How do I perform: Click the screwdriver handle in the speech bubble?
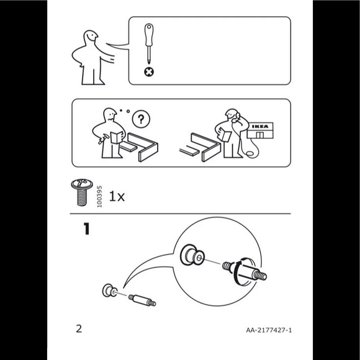pos(149,34)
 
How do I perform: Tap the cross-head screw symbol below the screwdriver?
pos(149,72)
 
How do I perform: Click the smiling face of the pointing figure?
pos(91,36)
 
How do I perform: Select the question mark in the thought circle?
pos(141,119)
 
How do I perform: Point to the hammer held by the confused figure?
pos(102,139)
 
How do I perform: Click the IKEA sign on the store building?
pos(260,126)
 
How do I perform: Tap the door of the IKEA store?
pos(259,135)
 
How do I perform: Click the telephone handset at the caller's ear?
pos(236,117)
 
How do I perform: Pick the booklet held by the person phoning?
pos(224,135)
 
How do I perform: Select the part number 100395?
pos(99,197)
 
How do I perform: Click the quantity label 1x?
pos(117,197)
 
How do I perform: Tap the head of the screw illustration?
pos(82,184)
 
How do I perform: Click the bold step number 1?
pos(86,228)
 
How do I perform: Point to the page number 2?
pos(79,329)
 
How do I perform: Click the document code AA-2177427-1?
pos(269,330)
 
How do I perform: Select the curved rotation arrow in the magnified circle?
pos(236,272)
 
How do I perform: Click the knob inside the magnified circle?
pos(192,255)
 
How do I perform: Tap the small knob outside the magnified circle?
pos(110,290)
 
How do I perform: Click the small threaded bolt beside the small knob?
pos(142,300)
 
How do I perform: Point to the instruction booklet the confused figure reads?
pos(117,138)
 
